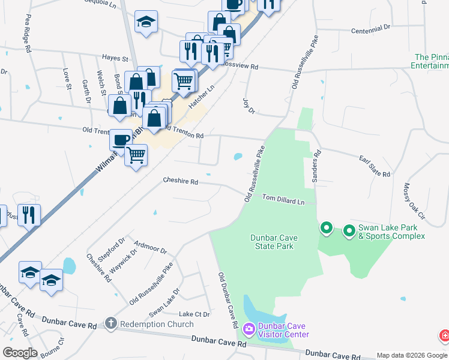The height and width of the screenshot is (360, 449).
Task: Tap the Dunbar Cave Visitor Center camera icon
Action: [x=249, y=329]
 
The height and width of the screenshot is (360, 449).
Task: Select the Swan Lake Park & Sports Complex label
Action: [x=391, y=232]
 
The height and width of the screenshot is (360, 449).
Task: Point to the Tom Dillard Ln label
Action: [x=283, y=199]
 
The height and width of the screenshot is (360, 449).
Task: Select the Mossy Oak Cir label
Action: [x=414, y=200]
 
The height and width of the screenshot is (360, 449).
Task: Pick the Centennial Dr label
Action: [x=370, y=28]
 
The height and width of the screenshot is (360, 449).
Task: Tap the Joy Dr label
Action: [x=249, y=106]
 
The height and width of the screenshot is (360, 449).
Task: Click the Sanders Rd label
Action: [x=316, y=166]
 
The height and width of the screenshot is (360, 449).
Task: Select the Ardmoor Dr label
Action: [x=150, y=247]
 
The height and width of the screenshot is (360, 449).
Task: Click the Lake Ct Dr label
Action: [x=194, y=314]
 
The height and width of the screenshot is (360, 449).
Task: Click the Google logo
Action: [x=20, y=353]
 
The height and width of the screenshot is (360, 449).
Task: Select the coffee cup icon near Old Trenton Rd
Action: [x=121, y=139]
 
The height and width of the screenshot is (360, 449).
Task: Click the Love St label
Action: [x=66, y=79]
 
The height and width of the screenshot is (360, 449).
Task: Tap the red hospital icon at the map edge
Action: [x=445, y=335]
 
